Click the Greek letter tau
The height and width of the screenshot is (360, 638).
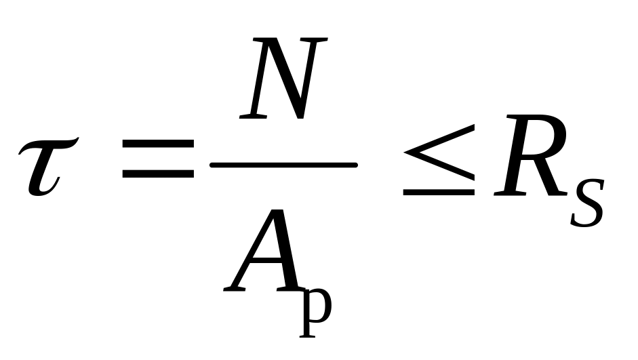[45, 166]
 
